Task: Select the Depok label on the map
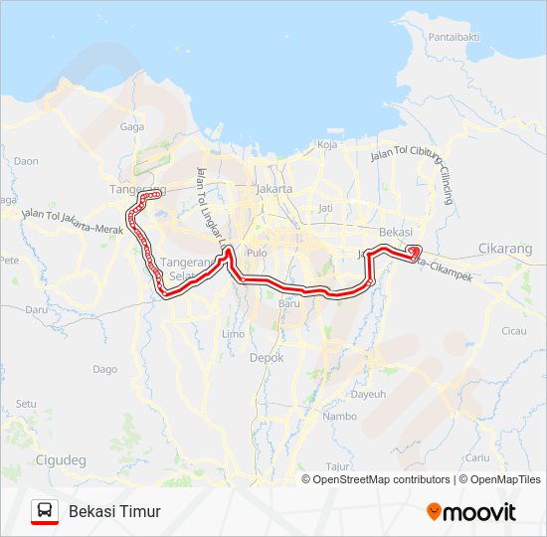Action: [x=267, y=357]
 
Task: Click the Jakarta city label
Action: [x=273, y=188]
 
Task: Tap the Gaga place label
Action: [x=132, y=126]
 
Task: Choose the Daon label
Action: [x=26, y=161]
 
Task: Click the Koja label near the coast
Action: [x=327, y=144]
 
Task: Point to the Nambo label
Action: [x=340, y=417]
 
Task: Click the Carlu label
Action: [x=477, y=457]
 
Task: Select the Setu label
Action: [x=26, y=404]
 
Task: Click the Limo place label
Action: [x=233, y=334]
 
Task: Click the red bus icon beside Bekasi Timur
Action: [x=45, y=511]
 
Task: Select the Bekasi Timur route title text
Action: [x=114, y=511]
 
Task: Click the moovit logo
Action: [x=471, y=512]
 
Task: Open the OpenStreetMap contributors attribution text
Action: [x=382, y=479]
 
